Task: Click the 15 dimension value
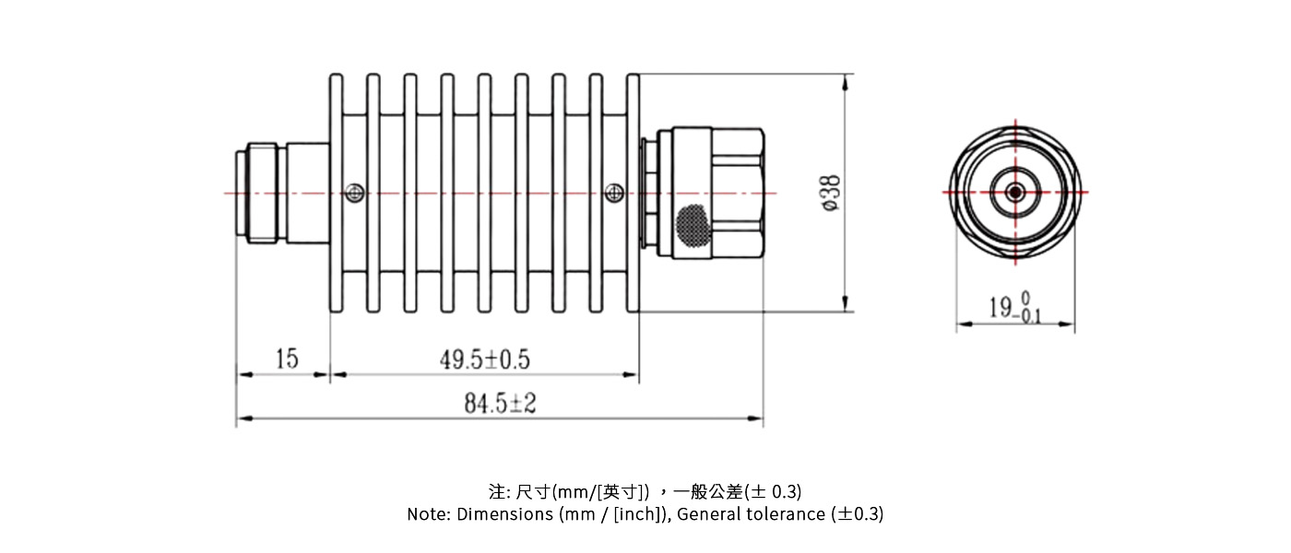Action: (287, 359)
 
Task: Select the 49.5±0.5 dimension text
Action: (484, 359)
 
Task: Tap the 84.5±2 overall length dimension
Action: (500, 405)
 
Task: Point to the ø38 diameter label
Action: (830, 194)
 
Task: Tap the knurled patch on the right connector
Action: (692, 224)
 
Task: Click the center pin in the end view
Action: (1015, 192)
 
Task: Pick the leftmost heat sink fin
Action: (337, 194)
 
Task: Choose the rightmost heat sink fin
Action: (633, 194)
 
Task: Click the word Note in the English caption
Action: (427, 514)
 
